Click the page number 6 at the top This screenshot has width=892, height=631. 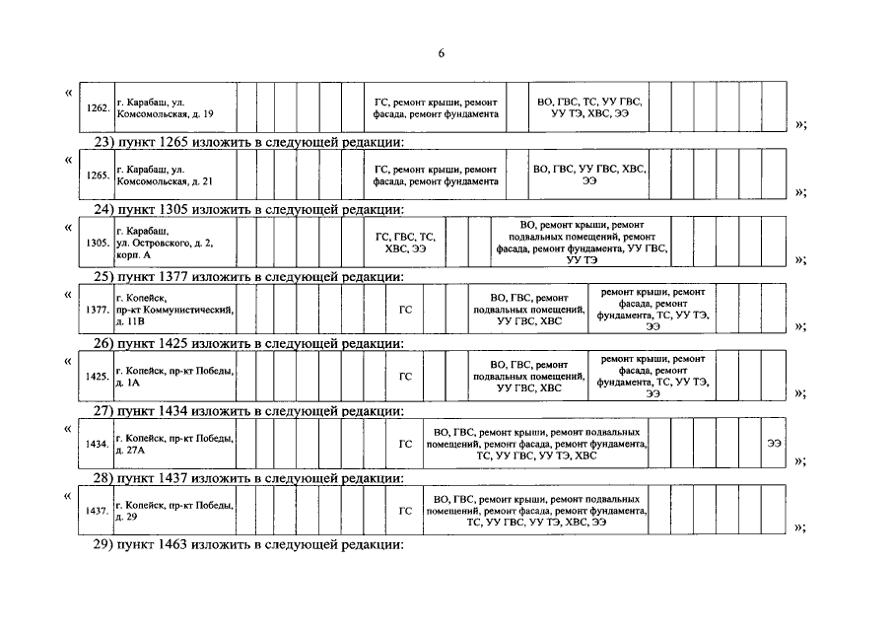coord(442,52)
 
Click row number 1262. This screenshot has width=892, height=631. coord(97,107)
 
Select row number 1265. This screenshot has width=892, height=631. coord(97,175)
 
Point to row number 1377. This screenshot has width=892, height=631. coord(97,310)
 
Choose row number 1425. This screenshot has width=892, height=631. coord(97,376)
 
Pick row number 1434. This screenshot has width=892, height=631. coord(97,444)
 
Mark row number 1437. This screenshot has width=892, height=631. coord(97,511)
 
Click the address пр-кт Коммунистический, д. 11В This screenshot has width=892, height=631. coord(173,310)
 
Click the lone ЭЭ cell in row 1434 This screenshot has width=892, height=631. coord(774,444)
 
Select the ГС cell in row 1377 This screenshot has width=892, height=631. coord(404,310)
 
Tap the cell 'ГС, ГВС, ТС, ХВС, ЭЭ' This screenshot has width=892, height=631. coord(405,243)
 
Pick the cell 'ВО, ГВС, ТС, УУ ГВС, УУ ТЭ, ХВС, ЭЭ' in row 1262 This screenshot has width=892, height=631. coord(588,107)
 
